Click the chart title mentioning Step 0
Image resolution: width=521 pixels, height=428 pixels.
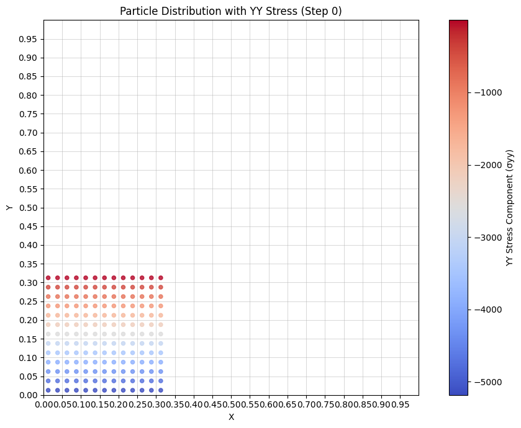pyautogui.click(x=231, y=11)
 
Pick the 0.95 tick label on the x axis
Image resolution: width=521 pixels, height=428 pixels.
pyautogui.click(x=400, y=405)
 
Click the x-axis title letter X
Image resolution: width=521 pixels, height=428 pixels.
pyautogui.click(x=231, y=417)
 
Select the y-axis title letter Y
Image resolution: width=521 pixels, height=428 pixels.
pyautogui.click(x=9, y=208)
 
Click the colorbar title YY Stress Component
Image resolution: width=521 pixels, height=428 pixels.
pyautogui.click(x=510, y=208)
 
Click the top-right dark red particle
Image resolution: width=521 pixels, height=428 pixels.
pyautogui.click(x=161, y=278)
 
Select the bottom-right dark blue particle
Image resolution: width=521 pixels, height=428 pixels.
pyautogui.click(x=161, y=390)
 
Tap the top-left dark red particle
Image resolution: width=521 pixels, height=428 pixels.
pyautogui.click(x=48, y=278)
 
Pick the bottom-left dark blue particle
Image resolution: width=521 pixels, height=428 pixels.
pyautogui.click(x=48, y=390)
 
